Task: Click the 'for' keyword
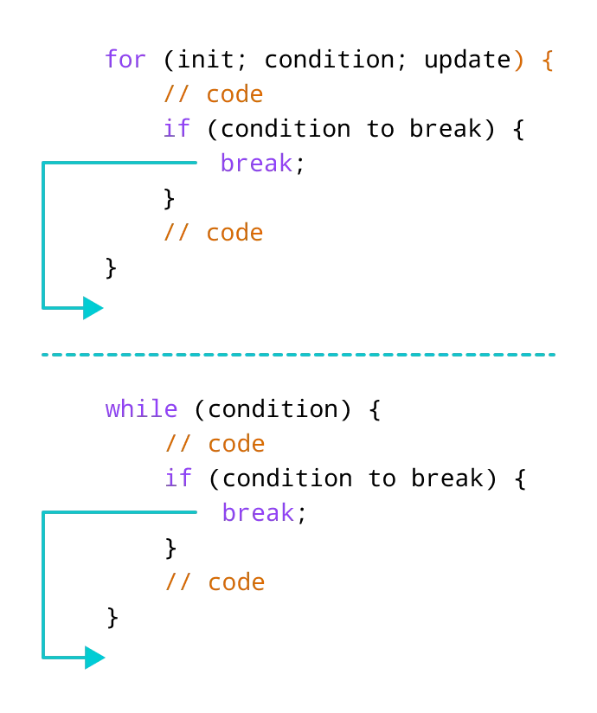[x=125, y=60]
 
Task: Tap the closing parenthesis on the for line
[x=519, y=61]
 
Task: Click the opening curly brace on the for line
[x=547, y=61]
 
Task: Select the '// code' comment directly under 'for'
[x=213, y=93]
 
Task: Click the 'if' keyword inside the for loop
[x=177, y=128]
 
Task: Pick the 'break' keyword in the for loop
[x=258, y=163]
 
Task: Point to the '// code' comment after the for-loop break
[x=213, y=232]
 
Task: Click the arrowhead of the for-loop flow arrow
[x=93, y=307]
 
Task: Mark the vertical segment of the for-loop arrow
[x=44, y=234]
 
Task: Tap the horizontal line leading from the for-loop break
[x=121, y=162]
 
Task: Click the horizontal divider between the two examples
[x=300, y=356]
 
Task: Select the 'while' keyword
[x=142, y=409]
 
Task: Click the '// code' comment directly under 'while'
[x=216, y=445]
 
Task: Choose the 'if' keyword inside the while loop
[x=179, y=477]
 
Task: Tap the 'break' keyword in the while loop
[x=259, y=513]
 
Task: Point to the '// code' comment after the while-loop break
[x=216, y=583]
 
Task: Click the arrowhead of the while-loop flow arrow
[x=95, y=658]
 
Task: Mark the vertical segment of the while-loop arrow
[x=44, y=585]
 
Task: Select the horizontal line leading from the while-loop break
[x=121, y=513]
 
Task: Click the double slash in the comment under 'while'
[x=179, y=445]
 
